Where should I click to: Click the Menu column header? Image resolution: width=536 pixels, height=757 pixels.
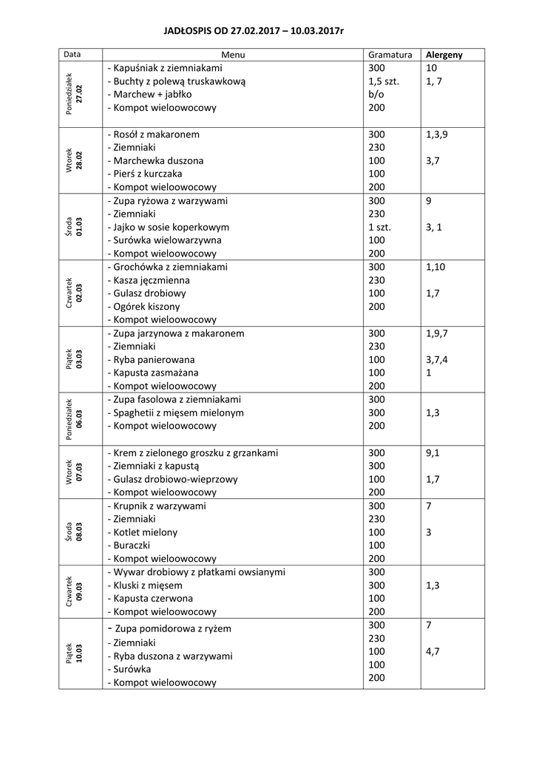point(233,55)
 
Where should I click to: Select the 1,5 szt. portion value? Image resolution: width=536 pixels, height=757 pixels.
point(384,81)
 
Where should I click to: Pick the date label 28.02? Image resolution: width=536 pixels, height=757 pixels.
point(79,161)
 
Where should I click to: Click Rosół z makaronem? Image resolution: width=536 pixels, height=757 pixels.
point(153,135)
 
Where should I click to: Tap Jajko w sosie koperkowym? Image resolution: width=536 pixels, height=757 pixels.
point(168,227)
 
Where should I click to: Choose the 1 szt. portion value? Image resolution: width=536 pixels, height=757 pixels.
point(380,227)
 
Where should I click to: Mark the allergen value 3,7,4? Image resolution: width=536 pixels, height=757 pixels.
point(437,359)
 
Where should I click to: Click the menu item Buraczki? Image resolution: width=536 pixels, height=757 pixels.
point(131,545)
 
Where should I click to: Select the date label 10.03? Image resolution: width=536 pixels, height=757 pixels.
point(79,655)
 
